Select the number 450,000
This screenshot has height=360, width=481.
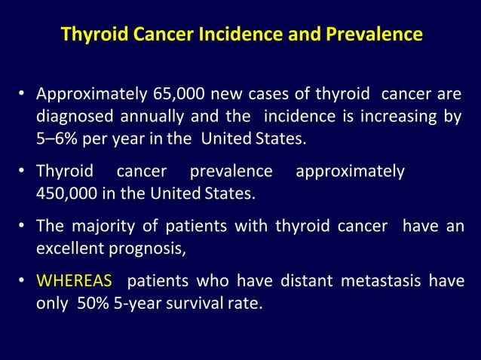click(65, 193)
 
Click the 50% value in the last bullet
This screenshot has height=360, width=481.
click(92, 304)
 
